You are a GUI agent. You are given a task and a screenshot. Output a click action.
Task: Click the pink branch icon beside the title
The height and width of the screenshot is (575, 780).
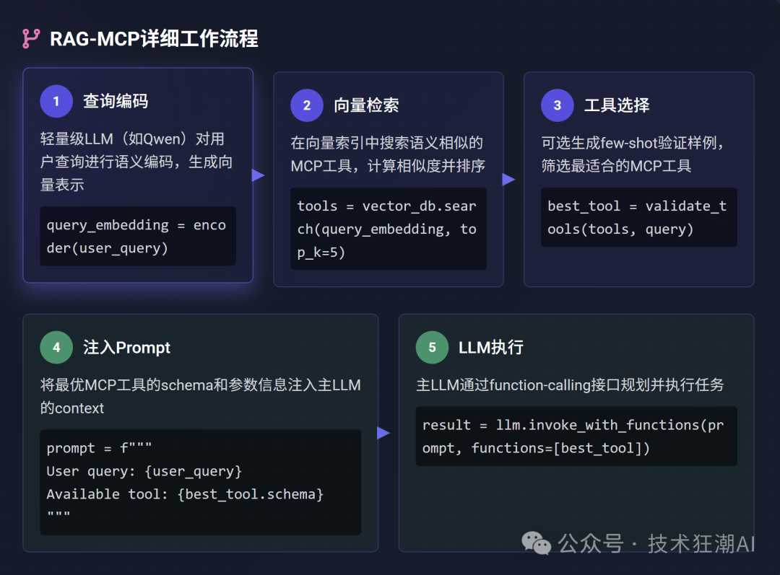pyautogui.click(x=31, y=39)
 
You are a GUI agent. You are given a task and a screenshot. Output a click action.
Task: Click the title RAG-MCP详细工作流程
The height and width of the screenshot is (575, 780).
pyautogui.click(x=155, y=39)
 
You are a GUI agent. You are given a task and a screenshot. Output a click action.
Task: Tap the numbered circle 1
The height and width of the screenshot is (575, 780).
pyautogui.click(x=56, y=102)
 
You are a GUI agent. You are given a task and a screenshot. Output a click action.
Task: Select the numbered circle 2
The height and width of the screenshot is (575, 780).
pyautogui.click(x=307, y=105)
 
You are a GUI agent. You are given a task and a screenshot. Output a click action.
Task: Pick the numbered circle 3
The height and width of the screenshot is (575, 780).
pyautogui.click(x=558, y=105)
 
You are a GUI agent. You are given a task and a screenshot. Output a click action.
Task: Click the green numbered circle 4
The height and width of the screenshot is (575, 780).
pyautogui.click(x=56, y=348)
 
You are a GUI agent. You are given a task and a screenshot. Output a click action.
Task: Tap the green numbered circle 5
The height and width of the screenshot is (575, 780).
pyautogui.click(x=433, y=348)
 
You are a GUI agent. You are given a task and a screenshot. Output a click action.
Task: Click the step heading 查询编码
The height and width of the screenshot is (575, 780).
pyautogui.click(x=116, y=102)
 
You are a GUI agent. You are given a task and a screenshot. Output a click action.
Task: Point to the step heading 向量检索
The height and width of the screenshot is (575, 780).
pyautogui.click(x=366, y=105)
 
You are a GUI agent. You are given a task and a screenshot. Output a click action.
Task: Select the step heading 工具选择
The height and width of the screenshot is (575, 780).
pyautogui.click(x=617, y=105)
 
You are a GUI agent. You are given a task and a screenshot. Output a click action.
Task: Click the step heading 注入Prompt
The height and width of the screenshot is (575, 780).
pyautogui.click(x=127, y=348)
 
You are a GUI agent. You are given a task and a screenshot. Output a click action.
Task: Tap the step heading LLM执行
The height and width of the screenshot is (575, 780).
pyautogui.click(x=491, y=348)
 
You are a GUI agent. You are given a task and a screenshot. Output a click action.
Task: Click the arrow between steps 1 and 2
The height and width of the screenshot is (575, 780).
pyautogui.click(x=258, y=175)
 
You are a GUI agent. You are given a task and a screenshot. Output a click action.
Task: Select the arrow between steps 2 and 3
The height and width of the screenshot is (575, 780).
pyautogui.click(x=508, y=180)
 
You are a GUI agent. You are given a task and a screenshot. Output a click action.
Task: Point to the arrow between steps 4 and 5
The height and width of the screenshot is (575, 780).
pyautogui.click(x=383, y=433)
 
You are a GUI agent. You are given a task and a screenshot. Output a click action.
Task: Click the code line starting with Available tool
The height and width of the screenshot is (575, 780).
pyautogui.click(x=185, y=494)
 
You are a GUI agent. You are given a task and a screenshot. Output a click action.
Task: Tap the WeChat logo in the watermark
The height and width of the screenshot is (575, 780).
pyautogui.click(x=536, y=543)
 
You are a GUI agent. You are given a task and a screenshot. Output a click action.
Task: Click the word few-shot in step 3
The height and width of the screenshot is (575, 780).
pyautogui.click(x=629, y=143)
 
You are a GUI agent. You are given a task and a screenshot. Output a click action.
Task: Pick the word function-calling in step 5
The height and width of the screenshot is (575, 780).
pyautogui.click(x=539, y=385)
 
